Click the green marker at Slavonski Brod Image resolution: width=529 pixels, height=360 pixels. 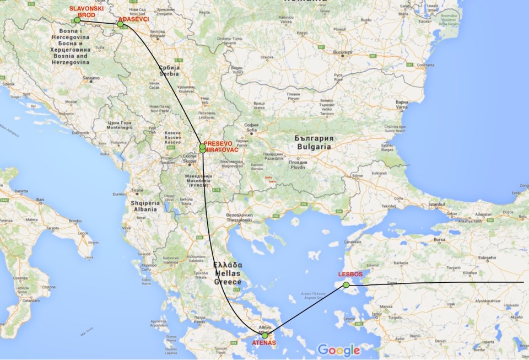[x=77, y=20]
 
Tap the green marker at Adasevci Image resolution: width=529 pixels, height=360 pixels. [x=120, y=24]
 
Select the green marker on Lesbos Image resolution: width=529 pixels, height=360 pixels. [x=346, y=285]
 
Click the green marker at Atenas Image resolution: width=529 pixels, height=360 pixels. [x=265, y=335]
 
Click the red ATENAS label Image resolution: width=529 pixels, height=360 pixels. [x=263, y=343]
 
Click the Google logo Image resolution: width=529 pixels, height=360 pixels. [x=338, y=350]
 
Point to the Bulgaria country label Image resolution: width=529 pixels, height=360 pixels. [x=314, y=147]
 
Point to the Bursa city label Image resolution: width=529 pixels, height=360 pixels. [x=439, y=240]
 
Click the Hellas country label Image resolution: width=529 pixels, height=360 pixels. [x=228, y=273]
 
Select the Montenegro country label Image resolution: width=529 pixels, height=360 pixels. [x=120, y=127]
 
